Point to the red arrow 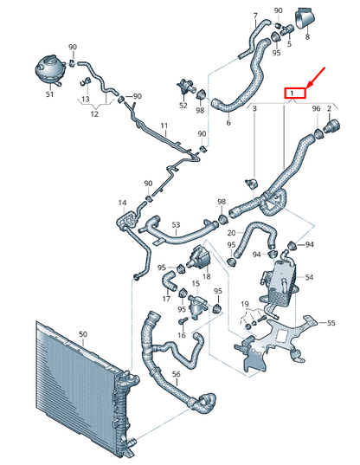317,77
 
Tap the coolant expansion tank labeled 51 48,71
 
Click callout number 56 176,374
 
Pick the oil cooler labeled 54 280,281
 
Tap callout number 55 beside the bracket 331,322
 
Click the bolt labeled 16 183,321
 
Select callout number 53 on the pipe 176,225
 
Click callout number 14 122,203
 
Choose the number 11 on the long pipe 164,126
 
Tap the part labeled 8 305,19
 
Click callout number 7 255,16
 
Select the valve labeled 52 185,86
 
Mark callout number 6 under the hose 228,122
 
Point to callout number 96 317,108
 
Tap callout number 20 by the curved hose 231,233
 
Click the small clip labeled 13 86,81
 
